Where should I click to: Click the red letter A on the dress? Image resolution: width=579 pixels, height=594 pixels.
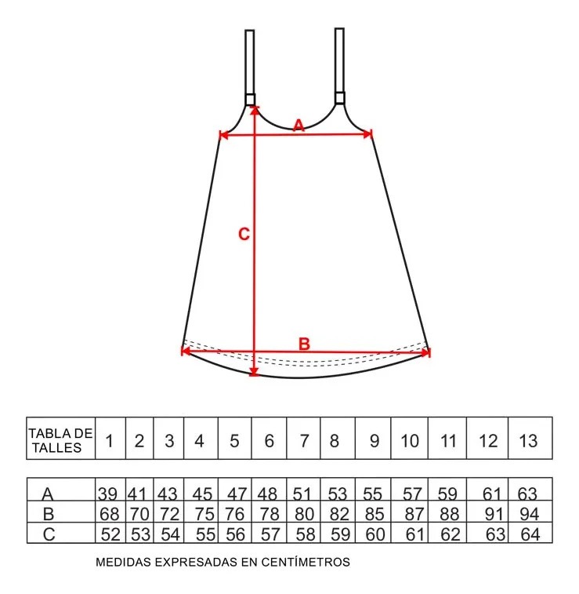299,125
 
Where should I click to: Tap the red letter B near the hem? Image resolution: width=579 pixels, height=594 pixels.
304,344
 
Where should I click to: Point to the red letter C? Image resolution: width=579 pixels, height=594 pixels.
244,234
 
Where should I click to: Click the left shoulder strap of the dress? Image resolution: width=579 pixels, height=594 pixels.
250,67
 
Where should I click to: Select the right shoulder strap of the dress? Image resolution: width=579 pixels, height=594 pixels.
339,66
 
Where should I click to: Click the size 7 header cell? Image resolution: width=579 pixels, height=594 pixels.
303,439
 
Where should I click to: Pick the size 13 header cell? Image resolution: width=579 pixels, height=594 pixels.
530,439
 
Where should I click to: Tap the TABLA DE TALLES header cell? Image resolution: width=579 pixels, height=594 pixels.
60,439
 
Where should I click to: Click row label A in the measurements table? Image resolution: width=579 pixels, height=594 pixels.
48,494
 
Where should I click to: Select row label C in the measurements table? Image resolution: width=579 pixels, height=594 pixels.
49,534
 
